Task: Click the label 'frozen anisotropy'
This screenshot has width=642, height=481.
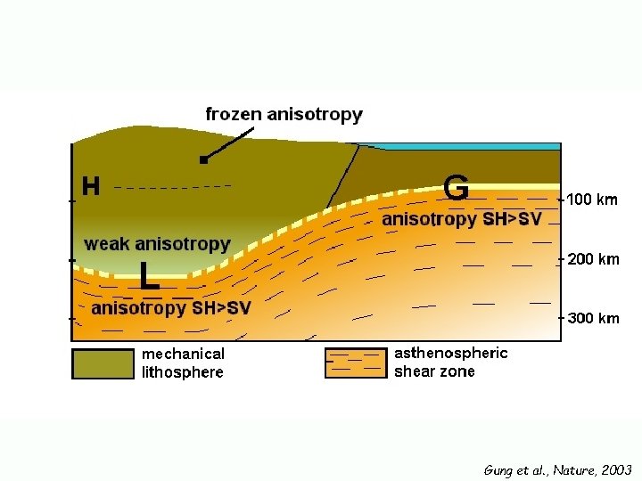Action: tap(284, 114)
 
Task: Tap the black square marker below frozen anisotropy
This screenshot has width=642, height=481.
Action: tap(204, 160)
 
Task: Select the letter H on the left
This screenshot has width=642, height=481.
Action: tap(91, 187)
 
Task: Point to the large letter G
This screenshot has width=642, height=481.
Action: tap(456, 188)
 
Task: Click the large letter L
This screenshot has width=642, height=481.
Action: tap(150, 276)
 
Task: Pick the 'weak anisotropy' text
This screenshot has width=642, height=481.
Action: tap(157, 243)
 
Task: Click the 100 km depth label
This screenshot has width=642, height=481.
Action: tap(593, 200)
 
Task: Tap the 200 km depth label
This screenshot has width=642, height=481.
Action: tap(593, 259)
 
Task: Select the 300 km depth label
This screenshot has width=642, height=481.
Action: tap(593, 318)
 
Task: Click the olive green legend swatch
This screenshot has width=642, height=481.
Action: tap(103, 363)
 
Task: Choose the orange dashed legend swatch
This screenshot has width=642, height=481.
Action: tap(355, 363)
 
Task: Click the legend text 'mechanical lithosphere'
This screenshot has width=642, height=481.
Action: tap(184, 363)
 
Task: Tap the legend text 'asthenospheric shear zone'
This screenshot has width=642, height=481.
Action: tap(450, 363)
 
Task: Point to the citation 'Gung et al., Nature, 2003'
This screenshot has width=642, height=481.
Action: tap(557, 469)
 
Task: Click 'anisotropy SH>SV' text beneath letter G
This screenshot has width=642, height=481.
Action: tap(461, 219)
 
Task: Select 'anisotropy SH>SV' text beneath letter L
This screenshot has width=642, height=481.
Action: tap(172, 308)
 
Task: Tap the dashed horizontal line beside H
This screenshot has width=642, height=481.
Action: tap(173, 186)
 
